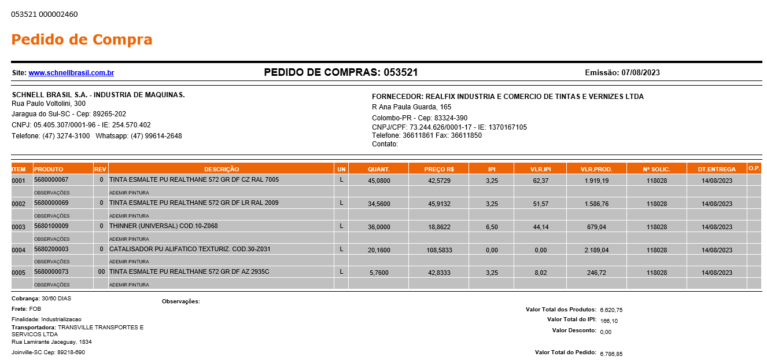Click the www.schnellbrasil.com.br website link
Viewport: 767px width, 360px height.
[71, 73]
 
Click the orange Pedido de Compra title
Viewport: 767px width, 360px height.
[82, 39]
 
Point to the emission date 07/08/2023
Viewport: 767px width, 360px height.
[640, 73]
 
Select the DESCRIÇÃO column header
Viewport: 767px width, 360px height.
[222, 169]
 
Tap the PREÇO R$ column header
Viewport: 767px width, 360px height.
[438, 169]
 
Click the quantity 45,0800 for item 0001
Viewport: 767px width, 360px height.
[379, 181]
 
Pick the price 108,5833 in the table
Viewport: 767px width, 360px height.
[438, 250]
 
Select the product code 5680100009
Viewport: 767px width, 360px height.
[51, 226]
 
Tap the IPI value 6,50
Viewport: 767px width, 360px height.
[492, 227]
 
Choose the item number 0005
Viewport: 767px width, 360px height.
[19, 273]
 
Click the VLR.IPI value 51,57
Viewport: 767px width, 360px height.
[540, 204]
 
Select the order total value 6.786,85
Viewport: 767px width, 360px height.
[611, 354]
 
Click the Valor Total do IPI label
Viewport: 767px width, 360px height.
[571, 319]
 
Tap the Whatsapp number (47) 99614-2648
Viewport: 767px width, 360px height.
[156, 136]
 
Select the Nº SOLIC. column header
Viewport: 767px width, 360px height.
[657, 169]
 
